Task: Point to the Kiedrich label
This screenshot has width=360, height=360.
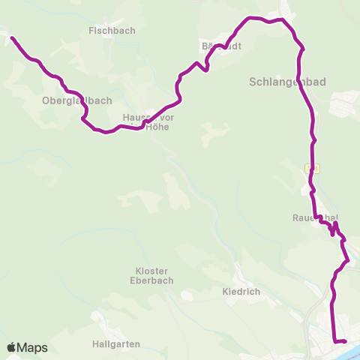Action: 241,290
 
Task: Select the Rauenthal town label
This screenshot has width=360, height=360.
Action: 315,218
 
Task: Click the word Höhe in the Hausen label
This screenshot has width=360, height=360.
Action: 157,127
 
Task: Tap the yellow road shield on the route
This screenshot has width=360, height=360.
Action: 313,169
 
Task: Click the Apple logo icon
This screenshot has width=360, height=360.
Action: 12,347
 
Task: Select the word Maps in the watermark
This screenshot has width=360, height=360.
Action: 33,347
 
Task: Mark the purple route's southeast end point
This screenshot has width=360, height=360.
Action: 346,342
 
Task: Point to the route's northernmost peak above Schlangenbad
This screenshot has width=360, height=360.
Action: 250,17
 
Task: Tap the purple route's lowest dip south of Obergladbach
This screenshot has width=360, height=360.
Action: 105,133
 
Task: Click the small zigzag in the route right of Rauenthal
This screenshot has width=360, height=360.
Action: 334,228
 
